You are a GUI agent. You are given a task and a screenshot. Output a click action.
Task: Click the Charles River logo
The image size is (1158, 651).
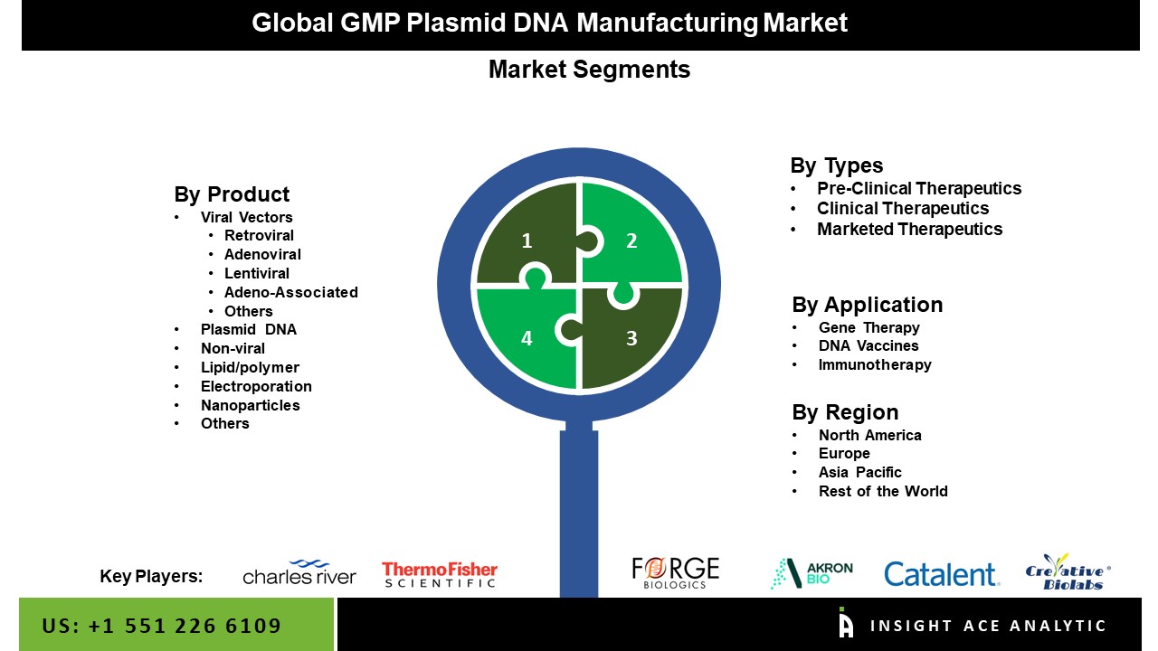point(299,572)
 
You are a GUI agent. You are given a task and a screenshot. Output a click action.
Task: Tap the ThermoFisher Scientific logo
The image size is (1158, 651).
point(440,574)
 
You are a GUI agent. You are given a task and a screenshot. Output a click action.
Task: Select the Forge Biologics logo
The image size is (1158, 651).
point(675,573)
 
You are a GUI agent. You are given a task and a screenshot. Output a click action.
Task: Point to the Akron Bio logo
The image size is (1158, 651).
point(812,573)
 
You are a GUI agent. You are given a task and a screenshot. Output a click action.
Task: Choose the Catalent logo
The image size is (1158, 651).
point(942,574)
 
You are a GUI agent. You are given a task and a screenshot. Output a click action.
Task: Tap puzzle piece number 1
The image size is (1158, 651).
point(526,235)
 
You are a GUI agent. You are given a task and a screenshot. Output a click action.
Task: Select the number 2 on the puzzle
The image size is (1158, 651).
point(631,241)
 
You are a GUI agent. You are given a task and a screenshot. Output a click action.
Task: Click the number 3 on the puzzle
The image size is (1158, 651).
point(631,338)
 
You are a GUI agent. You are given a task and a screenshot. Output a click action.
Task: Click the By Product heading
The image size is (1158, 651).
point(232,194)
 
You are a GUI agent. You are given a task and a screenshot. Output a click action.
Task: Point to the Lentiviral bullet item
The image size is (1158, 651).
point(256,273)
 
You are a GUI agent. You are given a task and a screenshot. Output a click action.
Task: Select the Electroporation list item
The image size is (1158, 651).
point(256,386)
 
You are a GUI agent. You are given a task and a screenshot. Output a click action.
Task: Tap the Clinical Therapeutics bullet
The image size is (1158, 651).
point(903,208)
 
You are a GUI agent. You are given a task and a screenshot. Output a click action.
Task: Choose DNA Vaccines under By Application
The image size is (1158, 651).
point(868,345)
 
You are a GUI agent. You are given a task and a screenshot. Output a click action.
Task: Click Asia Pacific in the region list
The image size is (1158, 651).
point(859,472)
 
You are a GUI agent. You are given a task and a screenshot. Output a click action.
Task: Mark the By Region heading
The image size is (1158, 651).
point(845,412)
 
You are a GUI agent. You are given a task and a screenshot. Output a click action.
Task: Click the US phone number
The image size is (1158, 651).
point(162,626)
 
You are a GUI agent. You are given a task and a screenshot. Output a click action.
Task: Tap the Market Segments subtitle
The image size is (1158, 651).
point(589,70)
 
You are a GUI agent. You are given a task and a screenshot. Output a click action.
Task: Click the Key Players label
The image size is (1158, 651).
point(151,576)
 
